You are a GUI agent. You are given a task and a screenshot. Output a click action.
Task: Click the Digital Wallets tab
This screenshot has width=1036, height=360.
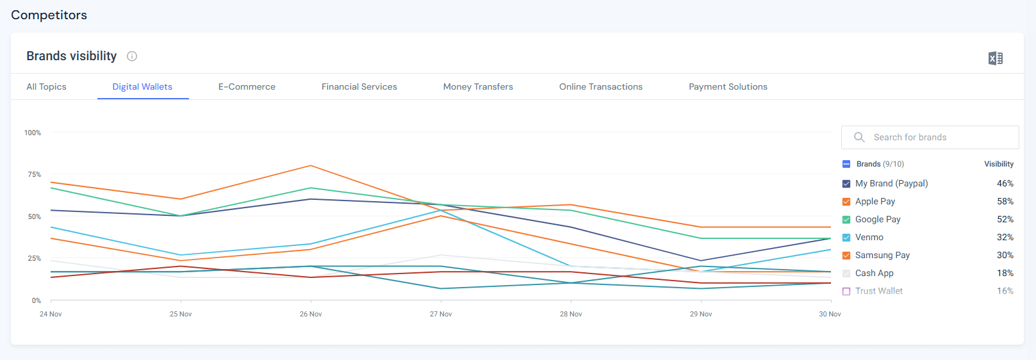click(142, 86)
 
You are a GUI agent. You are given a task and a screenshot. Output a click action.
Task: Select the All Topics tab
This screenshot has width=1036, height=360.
click(46, 86)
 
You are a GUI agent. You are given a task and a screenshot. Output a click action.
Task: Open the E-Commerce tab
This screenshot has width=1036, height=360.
click(247, 86)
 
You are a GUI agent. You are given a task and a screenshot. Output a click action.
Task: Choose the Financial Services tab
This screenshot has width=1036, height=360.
click(359, 86)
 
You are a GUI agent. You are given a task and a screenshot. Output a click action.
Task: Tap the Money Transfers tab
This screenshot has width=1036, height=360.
click(478, 86)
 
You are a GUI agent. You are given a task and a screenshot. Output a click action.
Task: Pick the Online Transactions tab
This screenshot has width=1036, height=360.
click(600, 86)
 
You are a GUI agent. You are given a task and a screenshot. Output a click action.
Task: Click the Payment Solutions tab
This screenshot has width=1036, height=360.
click(728, 86)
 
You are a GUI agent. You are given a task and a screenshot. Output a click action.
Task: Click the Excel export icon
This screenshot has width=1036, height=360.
click(995, 58)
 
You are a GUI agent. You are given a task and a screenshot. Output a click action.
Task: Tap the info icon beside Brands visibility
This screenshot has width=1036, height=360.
click(132, 56)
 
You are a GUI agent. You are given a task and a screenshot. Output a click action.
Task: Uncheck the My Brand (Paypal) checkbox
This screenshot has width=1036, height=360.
click(846, 184)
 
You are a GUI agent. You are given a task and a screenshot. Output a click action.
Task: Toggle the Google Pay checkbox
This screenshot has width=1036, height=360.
click(846, 220)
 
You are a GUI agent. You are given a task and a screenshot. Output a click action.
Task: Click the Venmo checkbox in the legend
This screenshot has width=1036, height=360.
click(846, 238)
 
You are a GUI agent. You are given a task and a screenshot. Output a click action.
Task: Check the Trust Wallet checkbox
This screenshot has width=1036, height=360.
click(846, 291)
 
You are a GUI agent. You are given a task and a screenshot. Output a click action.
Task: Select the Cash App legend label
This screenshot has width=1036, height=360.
click(874, 273)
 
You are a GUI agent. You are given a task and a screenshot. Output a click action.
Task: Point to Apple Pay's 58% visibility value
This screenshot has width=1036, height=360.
click(1005, 201)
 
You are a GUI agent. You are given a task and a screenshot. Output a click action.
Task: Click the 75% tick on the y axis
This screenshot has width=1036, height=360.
click(34, 174)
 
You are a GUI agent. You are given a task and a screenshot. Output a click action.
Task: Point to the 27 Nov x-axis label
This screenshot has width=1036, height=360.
click(441, 314)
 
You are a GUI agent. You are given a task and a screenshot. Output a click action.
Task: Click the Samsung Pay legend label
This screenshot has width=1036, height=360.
click(882, 255)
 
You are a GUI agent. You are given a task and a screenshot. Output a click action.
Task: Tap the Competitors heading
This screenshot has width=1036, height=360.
click(49, 15)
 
